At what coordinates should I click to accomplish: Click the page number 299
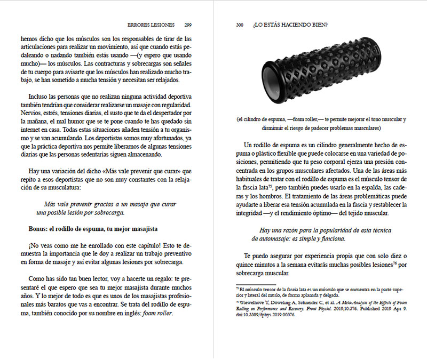point(188,25)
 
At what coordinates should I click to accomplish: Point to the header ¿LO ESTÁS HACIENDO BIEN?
point(291,25)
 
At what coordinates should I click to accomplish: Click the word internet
point(33,130)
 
